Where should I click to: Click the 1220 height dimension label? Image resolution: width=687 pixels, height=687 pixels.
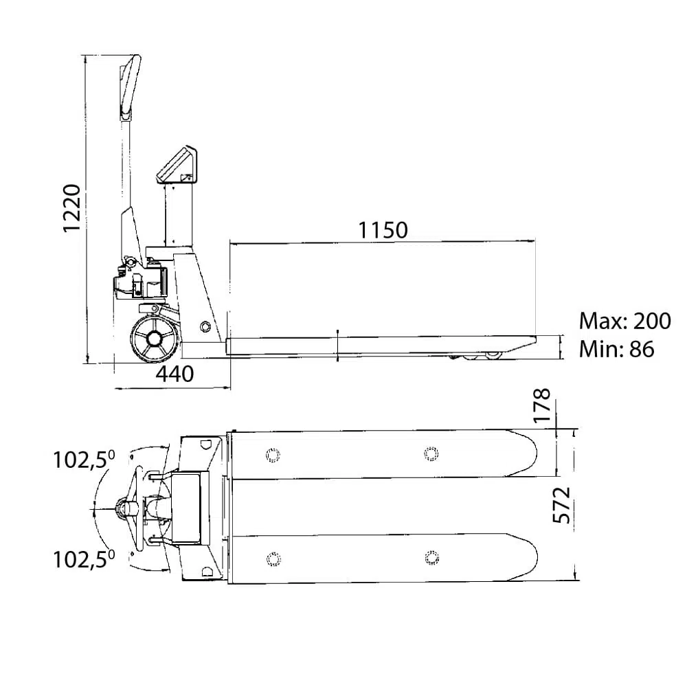(x=72, y=209)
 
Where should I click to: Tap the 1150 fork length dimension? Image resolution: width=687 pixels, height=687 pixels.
(x=383, y=230)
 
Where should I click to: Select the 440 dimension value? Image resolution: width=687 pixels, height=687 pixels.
(x=174, y=374)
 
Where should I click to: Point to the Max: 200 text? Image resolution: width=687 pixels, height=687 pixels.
(x=624, y=321)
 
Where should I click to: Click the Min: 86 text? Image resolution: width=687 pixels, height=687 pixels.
(x=616, y=349)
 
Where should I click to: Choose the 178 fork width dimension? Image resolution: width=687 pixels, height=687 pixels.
(x=543, y=405)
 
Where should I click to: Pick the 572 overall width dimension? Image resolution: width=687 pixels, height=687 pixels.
(x=562, y=505)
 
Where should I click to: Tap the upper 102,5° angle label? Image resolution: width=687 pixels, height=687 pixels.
(x=84, y=460)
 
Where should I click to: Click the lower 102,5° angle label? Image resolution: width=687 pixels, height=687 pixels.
(x=84, y=559)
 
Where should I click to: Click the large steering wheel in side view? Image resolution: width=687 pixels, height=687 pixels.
(x=155, y=339)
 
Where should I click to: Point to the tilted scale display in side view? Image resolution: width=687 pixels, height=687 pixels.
(x=177, y=165)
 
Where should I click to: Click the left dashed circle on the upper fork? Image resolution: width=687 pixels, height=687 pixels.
(x=273, y=455)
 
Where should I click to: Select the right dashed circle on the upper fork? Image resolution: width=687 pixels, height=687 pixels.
(x=431, y=454)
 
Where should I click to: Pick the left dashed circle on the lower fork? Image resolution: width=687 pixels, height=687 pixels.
(x=273, y=559)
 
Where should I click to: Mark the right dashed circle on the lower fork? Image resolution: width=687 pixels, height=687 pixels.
(x=432, y=557)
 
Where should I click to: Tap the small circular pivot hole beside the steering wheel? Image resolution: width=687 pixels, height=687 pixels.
(x=204, y=326)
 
